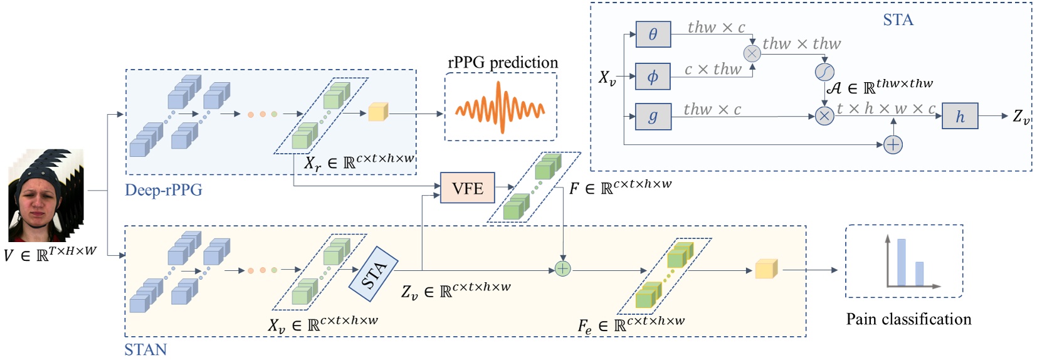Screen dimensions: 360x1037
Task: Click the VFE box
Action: [467, 188]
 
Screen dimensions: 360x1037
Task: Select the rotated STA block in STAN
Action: [374, 274]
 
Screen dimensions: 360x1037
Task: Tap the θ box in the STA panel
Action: [653, 34]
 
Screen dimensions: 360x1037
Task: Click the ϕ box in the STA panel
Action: [653, 76]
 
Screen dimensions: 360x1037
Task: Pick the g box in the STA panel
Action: [653, 117]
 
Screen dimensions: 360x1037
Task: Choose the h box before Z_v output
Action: [959, 117]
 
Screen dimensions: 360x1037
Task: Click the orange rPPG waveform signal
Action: [500, 108]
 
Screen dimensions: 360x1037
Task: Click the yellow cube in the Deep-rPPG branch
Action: [377, 112]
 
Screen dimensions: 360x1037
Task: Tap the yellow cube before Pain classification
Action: [766, 268]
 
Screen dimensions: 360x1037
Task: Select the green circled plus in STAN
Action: [562, 269]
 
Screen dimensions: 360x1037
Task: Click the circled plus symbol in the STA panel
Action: [892, 145]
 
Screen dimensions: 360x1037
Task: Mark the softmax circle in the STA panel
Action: [824, 73]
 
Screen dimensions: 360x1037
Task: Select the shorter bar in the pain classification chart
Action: [919, 273]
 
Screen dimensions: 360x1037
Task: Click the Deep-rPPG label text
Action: [163, 190]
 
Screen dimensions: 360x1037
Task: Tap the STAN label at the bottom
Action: [145, 349]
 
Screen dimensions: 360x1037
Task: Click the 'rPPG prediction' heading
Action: [502, 62]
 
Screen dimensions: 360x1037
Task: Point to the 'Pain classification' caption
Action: [908, 319]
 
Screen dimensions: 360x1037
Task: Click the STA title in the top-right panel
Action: [898, 20]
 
